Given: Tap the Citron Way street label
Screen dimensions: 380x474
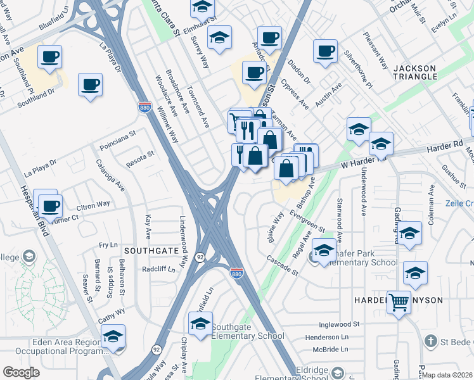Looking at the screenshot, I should [93, 205].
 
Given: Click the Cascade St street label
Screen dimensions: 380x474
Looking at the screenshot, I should [282, 266].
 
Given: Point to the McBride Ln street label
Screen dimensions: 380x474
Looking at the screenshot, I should [326, 349].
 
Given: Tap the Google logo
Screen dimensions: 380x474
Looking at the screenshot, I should [21, 372].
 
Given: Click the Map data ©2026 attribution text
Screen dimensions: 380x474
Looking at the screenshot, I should [447, 375].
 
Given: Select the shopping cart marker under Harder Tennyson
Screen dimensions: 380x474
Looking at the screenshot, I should [399, 303].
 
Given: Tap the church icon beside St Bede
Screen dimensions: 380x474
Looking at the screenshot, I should [430, 341].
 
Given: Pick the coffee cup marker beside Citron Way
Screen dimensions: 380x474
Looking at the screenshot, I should [50, 205].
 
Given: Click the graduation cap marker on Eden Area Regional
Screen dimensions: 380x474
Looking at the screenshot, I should [113, 336].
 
